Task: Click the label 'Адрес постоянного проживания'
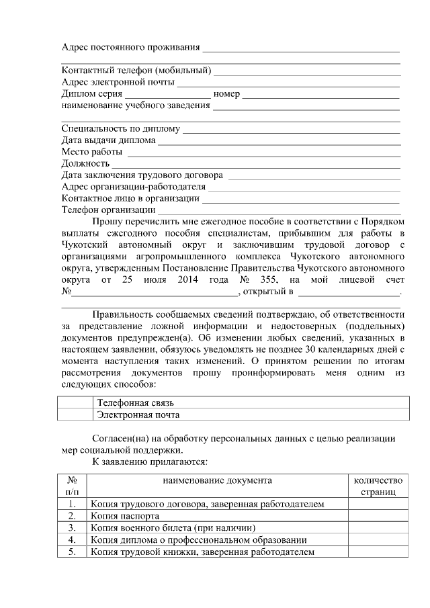pos(131,47)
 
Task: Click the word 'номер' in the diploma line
pos(226,94)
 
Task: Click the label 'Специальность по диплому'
pos(121,129)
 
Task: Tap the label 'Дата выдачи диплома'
pos(108,140)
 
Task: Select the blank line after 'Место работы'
pos(263,153)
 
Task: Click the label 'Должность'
pos(85,163)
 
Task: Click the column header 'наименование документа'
pos(217,480)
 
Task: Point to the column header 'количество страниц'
pos(377,486)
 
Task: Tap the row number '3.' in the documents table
pos(71,527)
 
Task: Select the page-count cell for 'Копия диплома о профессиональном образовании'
pos(377,539)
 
